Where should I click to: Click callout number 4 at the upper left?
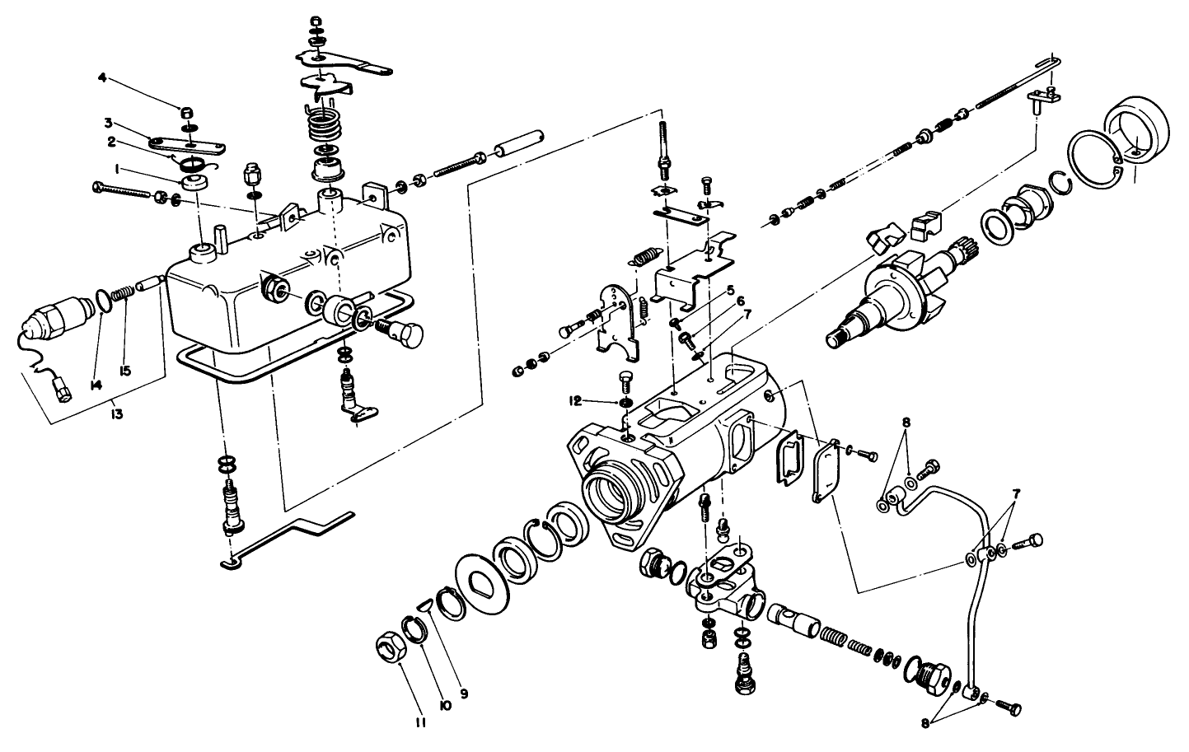[102, 78]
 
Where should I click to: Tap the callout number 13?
[117, 414]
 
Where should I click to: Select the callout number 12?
[575, 401]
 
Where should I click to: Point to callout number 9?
[464, 694]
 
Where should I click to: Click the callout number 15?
[124, 370]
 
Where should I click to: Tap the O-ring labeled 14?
[101, 301]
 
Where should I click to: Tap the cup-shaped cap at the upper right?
[1141, 131]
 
